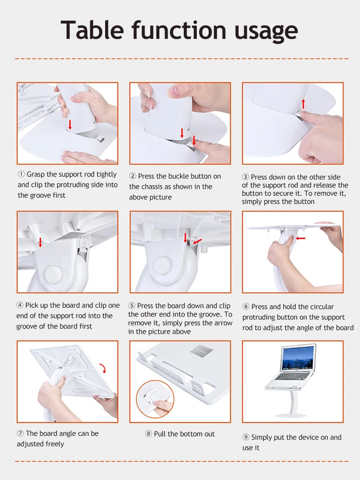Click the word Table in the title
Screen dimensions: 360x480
pos(92,30)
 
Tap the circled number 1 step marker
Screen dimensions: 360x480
pos(21,174)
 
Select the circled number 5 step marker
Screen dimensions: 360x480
pos(132,305)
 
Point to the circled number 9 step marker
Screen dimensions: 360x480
pos(246,437)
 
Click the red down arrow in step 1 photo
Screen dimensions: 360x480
pos(70,125)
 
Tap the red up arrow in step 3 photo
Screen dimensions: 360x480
pos(303,104)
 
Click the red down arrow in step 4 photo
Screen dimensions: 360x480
pos(40,242)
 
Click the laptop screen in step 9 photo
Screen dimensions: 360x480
pos(298,359)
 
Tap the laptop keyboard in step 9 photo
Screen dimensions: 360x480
pos(292,376)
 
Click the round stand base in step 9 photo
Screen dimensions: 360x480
pos(291,415)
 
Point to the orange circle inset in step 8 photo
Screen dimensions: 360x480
pos(155,399)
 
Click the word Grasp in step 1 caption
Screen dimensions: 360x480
pos(36,175)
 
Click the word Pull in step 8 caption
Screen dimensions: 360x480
pos(160,434)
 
